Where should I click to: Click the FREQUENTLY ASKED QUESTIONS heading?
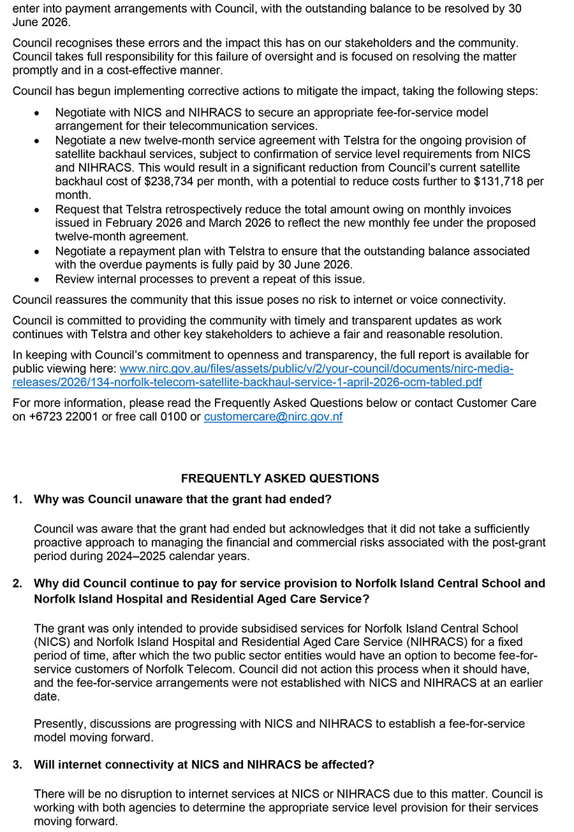pyautogui.click(x=279, y=478)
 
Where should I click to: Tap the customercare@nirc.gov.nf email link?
pyautogui.click(x=273, y=417)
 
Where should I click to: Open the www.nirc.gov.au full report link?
pyautogui.click(x=316, y=369)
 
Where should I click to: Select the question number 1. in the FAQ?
pyautogui.click(x=17, y=499)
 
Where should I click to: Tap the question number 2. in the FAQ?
pyautogui.click(x=17, y=584)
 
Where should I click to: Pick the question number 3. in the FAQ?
pyautogui.click(x=17, y=764)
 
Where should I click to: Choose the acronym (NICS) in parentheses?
pyautogui.click(x=52, y=642)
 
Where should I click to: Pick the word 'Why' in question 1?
pyautogui.click(x=46, y=499)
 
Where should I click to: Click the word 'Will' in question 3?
pyautogui.click(x=45, y=764)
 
